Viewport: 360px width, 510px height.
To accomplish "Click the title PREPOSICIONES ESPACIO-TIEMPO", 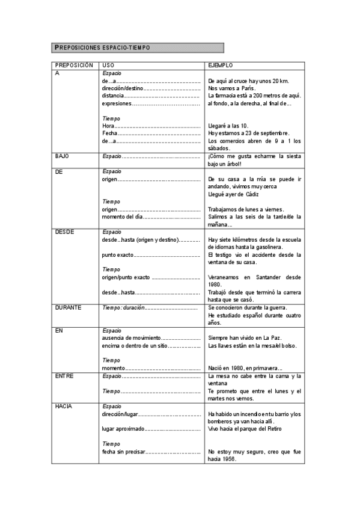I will click(102, 48).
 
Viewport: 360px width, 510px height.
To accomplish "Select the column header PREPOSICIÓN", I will click(74, 64).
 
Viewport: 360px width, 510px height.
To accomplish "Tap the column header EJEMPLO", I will click(220, 64).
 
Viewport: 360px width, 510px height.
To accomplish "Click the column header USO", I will click(108, 64).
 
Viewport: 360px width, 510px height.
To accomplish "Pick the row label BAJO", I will click(62, 156).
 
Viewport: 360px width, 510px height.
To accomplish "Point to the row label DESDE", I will click(64, 232).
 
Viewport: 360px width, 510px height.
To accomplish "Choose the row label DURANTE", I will click(68, 307).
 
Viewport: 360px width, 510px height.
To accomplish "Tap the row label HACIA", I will click(64, 407).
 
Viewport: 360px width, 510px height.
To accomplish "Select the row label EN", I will click(58, 330).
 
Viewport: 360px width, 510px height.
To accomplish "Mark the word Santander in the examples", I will click(267, 277).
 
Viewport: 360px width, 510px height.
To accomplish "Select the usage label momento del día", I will click(123, 217).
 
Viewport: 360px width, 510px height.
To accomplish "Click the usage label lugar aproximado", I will click(123, 429).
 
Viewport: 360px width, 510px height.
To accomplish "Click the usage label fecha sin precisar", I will click(123, 452).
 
